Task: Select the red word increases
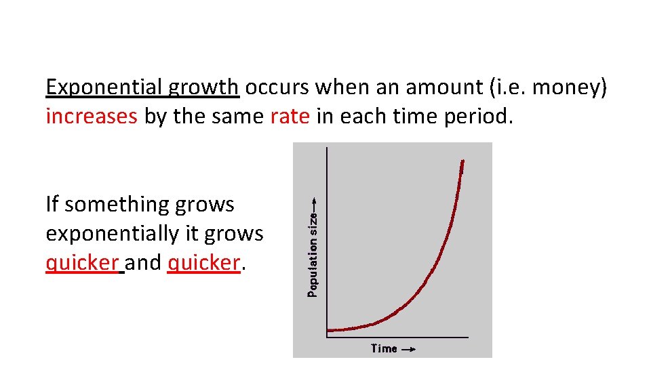[92, 117]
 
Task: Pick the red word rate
[290, 117]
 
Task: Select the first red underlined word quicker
[82, 263]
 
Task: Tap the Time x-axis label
[384, 348]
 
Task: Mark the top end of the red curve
[462, 161]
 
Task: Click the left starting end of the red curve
[330, 331]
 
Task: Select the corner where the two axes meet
[328, 337]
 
